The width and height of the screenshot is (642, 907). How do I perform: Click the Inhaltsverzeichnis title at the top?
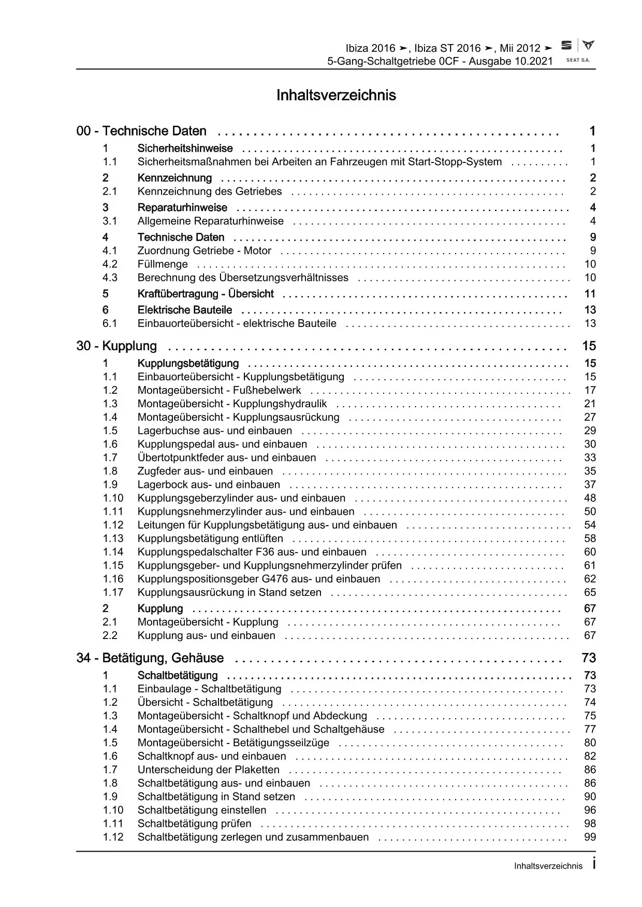pos(336,95)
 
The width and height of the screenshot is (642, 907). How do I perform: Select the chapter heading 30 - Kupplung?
pos(116,346)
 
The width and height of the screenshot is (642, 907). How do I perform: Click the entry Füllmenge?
pos(163,264)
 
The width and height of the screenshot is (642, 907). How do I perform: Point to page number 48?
pos(590,498)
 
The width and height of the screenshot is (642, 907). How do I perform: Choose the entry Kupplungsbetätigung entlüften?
pos(210,539)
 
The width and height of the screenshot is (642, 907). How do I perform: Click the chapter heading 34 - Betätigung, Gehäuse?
pos(150,658)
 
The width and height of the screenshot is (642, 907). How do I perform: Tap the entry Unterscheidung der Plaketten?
pos(208,770)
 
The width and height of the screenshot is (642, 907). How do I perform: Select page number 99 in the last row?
pos(590,837)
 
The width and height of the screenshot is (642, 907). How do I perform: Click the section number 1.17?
pos(113,592)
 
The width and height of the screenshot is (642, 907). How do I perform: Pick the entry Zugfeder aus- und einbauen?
pos(205,471)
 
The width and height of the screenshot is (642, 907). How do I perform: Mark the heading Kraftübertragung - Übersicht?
pos(206,294)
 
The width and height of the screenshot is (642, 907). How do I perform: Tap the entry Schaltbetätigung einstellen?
pos(202,810)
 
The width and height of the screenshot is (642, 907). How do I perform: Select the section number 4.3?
pos(110,278)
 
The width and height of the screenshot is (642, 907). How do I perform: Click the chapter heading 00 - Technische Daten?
pos(141,131)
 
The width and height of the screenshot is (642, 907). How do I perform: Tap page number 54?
pos(590,525)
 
